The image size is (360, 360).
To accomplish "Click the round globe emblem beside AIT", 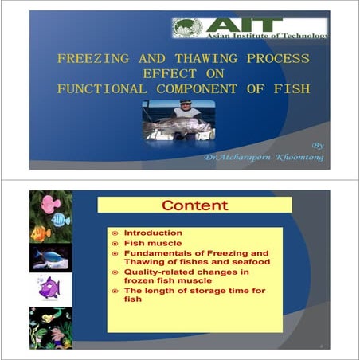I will click(x=185, y=28).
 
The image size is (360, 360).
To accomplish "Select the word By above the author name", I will click(x=318, y=146).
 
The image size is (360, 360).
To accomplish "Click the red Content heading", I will click(x=194, y=205).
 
